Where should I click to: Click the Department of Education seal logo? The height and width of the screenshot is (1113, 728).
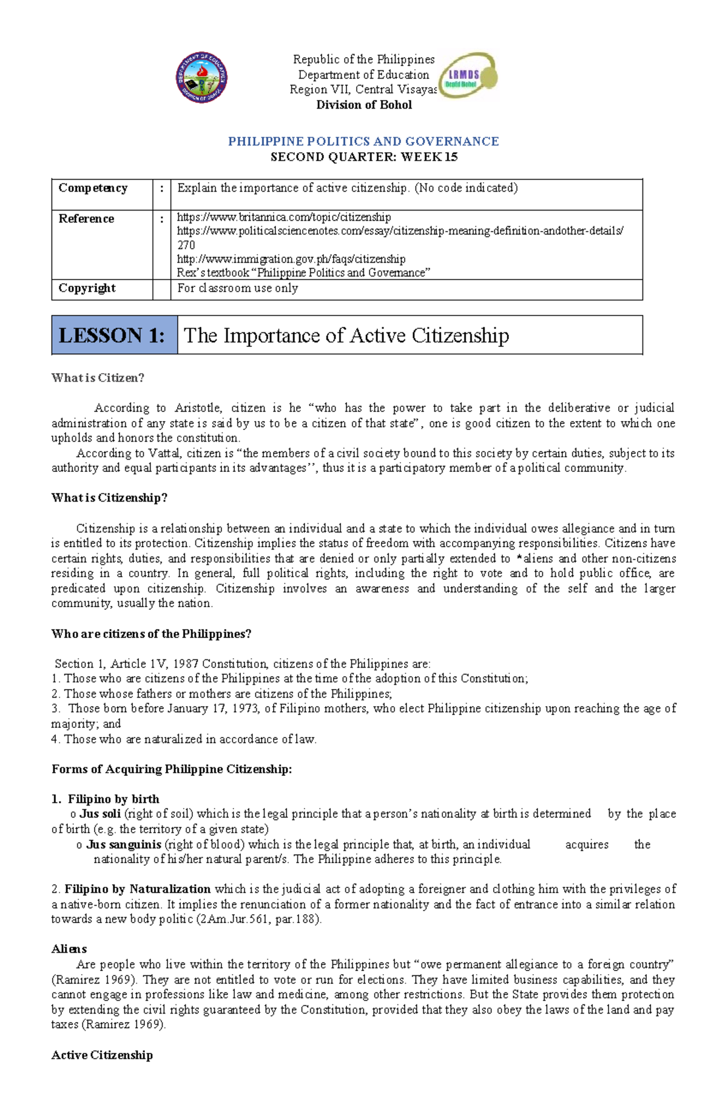pos(201,77)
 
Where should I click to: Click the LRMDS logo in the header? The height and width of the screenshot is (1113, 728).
pos(468,75)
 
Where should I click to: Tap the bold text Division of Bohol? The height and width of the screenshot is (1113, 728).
pos(363,105)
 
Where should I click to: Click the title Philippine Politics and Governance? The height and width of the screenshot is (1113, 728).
pos(363,141)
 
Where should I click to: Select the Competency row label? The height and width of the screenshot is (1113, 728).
pos(93,188)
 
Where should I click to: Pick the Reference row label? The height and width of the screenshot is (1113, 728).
pos(86,218)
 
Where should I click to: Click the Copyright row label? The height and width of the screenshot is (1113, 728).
pos(87,288)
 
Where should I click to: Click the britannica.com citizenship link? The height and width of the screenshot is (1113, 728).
pos(283,217)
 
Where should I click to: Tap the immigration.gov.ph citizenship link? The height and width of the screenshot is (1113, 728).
pos(291,259)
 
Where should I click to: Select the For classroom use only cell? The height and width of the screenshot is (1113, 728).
pos(237,288)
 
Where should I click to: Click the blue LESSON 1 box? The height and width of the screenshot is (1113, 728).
pos(114,335)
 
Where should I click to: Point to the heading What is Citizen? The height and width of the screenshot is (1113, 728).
pos(98,378)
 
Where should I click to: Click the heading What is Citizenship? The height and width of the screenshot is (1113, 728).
pos(109,498)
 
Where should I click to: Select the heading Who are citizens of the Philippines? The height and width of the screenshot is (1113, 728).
pos(151,634)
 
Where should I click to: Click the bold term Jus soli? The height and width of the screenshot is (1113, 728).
pos(100,814)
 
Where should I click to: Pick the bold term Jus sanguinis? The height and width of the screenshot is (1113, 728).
pos(123,844)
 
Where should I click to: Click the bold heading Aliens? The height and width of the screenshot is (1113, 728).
pos(69,949)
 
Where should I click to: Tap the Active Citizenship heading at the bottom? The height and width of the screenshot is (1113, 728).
pos(102,1055)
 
